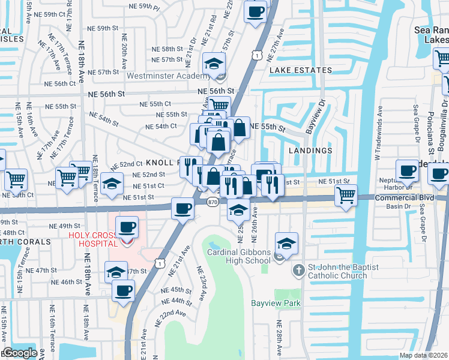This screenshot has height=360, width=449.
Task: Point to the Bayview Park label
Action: click(276, 304)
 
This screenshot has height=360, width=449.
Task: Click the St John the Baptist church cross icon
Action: click(299, 271)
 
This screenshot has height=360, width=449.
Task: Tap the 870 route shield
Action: click(213, 203)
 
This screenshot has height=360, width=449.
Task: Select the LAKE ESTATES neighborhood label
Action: click(301, 70)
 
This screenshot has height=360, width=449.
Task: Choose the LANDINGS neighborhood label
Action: click(309, 151)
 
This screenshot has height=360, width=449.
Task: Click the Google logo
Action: click(20, 353)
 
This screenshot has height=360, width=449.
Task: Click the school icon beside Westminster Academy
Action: click(214, 64)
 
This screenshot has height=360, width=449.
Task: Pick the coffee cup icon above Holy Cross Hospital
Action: click(127, 227)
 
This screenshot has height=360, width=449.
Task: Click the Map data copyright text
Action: click(424, 355)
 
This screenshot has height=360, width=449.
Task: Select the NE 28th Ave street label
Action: click(279, 336)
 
